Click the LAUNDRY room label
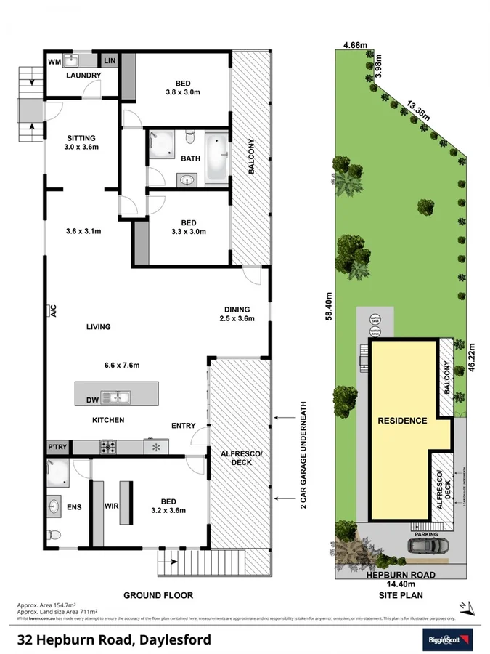[83, 76]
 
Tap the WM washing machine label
[55, 61]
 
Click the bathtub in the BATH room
[216, 158]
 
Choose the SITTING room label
[81, 142]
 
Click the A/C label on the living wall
[53, 312]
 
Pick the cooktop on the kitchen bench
[108, 447]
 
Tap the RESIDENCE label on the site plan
[401, 420]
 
